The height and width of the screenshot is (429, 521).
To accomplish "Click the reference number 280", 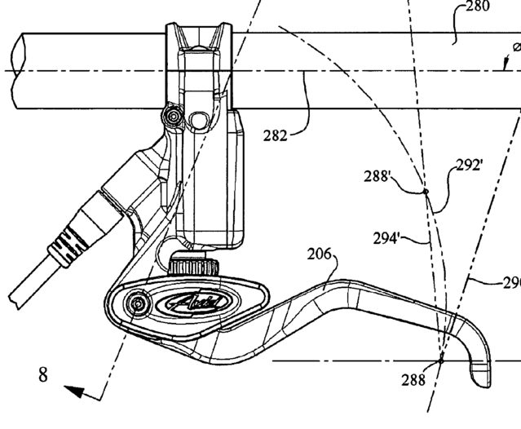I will (x=477, y=7).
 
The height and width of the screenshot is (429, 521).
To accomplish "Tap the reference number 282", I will (x=275, y=135).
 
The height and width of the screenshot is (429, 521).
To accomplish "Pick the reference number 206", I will (x=320, y=256).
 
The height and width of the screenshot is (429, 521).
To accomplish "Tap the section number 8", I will (x=42, y=374).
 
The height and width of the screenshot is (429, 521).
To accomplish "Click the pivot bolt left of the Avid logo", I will (x=137, y=305).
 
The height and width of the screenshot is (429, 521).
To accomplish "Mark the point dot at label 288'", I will (x=425, y=192).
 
